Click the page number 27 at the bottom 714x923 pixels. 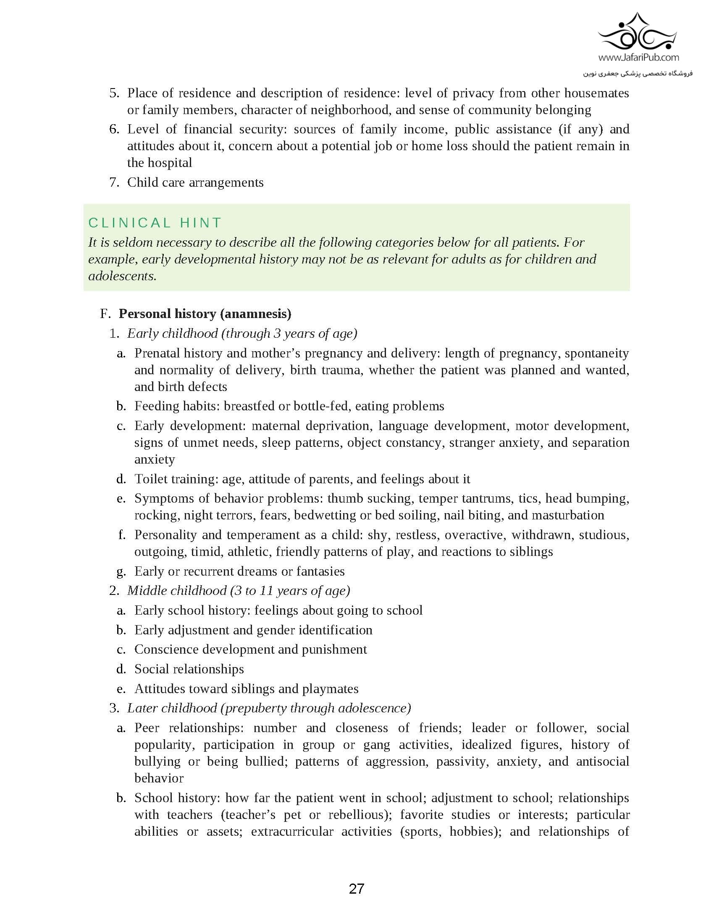pos(356,889)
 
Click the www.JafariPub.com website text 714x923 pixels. pos(639,57)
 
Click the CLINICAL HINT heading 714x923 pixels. pos(155,223)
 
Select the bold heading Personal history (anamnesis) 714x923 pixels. pos(205,313)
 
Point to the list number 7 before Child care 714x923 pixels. pos(114,183)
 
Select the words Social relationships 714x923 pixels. pos(189,669)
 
